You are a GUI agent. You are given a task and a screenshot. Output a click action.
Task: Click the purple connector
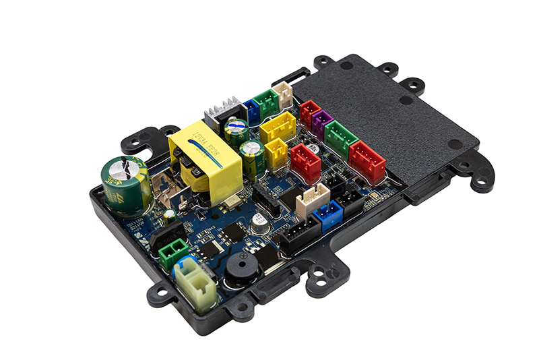[x=321, y=122]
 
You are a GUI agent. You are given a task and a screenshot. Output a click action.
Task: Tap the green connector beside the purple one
[x=340, y=138]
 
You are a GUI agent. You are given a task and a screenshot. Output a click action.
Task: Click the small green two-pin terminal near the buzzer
[x=172, y=253]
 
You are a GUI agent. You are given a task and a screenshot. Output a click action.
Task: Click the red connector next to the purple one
[x=309, y=112]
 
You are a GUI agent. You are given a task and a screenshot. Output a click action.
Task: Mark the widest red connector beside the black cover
[x=367, y=160]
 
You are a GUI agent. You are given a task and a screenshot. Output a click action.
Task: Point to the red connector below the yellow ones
[x=305, y=162]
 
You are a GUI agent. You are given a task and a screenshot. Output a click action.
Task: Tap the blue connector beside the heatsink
[x=252, y=112]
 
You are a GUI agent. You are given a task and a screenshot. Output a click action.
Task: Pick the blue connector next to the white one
[x=327, y=214]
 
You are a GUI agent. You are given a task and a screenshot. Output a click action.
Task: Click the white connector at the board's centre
[x=313, y=200]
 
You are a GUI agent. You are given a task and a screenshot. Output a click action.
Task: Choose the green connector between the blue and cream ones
[x=267, y=102]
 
